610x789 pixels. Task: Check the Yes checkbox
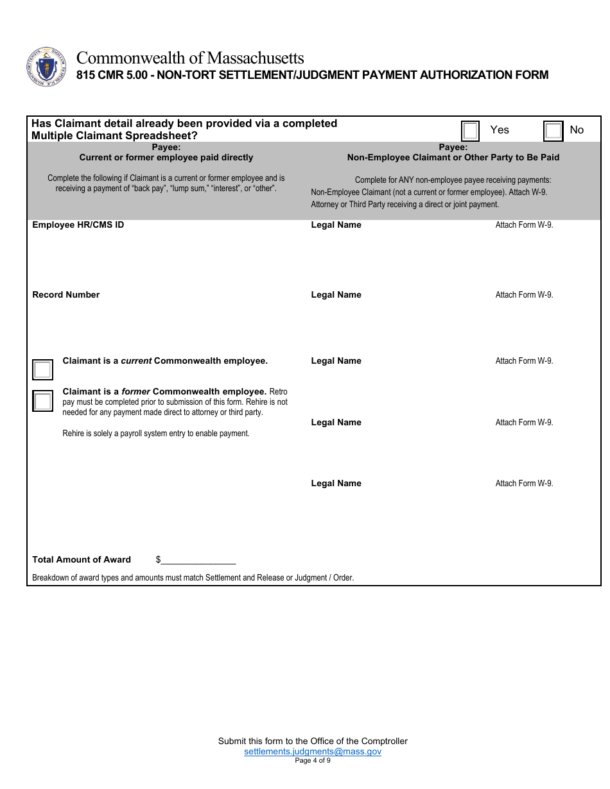(470, 131)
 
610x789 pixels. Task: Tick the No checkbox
(553, 131)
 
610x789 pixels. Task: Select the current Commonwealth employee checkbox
(42, 370)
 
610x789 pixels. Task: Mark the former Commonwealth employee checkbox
(42, 401)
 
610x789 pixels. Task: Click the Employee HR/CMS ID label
(78, 225)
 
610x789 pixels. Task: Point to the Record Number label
(66, 295)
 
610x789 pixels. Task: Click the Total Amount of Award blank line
(198, 560)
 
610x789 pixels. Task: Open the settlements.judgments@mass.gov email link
(313, 751)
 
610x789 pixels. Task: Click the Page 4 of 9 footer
(313, 761)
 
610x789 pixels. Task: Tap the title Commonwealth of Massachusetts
(190, 58)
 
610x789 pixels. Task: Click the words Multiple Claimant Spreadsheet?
(115, 136)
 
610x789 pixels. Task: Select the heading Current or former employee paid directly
(166, 157)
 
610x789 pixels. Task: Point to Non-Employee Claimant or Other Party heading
(453, 157)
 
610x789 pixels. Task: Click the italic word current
(136, 361)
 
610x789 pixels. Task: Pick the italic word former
(135, 391)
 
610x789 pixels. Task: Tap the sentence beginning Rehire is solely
(156, 434)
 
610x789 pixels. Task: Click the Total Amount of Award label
(82, 560)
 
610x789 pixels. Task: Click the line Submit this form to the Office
(313, 741)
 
